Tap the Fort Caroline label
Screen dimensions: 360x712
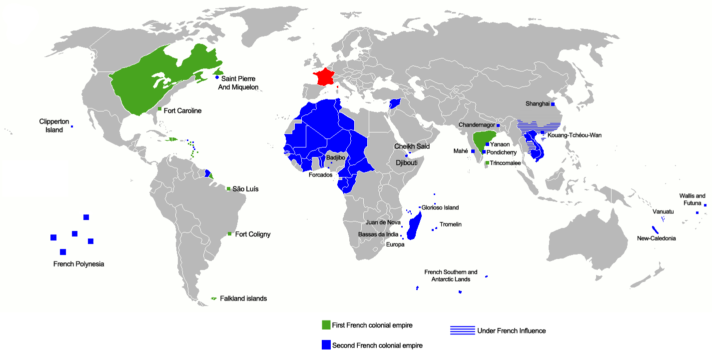click(182, 110)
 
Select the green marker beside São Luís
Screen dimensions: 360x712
click(228, 189)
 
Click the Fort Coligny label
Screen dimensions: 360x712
click(252, 234)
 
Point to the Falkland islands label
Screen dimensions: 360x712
click(243, 298)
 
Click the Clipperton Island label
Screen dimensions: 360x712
click(51, 125)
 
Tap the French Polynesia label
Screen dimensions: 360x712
click(78, 263)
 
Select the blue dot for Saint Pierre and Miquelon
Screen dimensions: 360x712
click(217, 77)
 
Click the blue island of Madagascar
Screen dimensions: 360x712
click(414, 227)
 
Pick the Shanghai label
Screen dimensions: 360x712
click(537, 104)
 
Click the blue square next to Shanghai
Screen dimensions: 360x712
click(553, 104)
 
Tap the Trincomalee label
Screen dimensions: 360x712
click(505, 163)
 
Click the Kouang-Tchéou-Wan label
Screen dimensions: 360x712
click(570, 135)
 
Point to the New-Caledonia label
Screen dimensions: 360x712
click(656, 238)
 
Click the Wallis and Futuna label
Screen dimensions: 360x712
click(692, 199)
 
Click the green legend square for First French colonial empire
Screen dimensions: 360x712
click(326, 325)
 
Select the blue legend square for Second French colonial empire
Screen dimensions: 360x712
click(326, 345)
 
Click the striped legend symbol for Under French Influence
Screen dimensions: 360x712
click(462, 330)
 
